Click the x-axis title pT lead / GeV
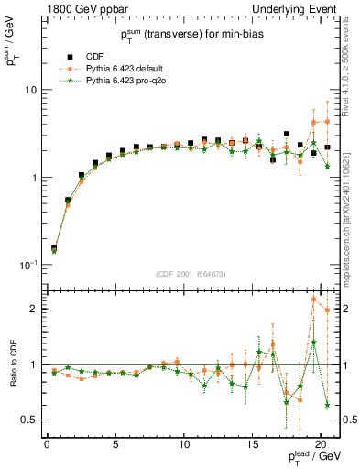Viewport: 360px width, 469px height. tap(311, 460)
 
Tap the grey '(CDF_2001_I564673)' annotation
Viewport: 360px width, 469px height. tap(190, 273)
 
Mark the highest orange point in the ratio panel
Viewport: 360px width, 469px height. tap(314, 299)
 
